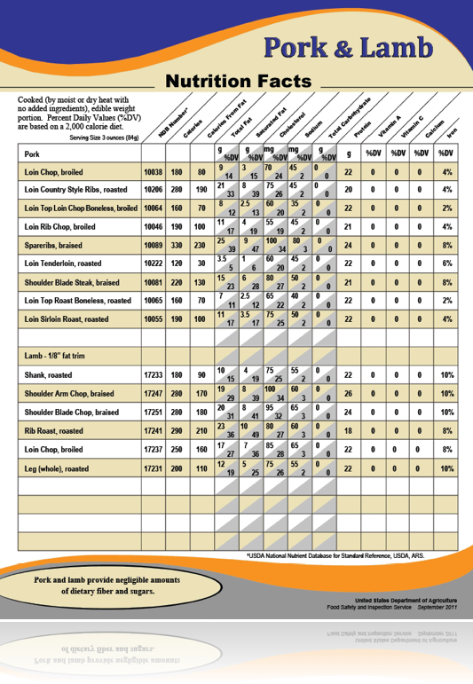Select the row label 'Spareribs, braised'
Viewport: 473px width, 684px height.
(x=54, y=246)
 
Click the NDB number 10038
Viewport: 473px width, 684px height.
(x=154, y=172)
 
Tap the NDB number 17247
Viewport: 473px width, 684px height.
(x=154, y=394)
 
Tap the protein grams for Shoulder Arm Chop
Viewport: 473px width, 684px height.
(x=348, y=394)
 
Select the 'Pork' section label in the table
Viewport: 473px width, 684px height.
(x=33, y=153)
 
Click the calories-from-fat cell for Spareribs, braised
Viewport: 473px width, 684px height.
(x=201, y=246)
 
